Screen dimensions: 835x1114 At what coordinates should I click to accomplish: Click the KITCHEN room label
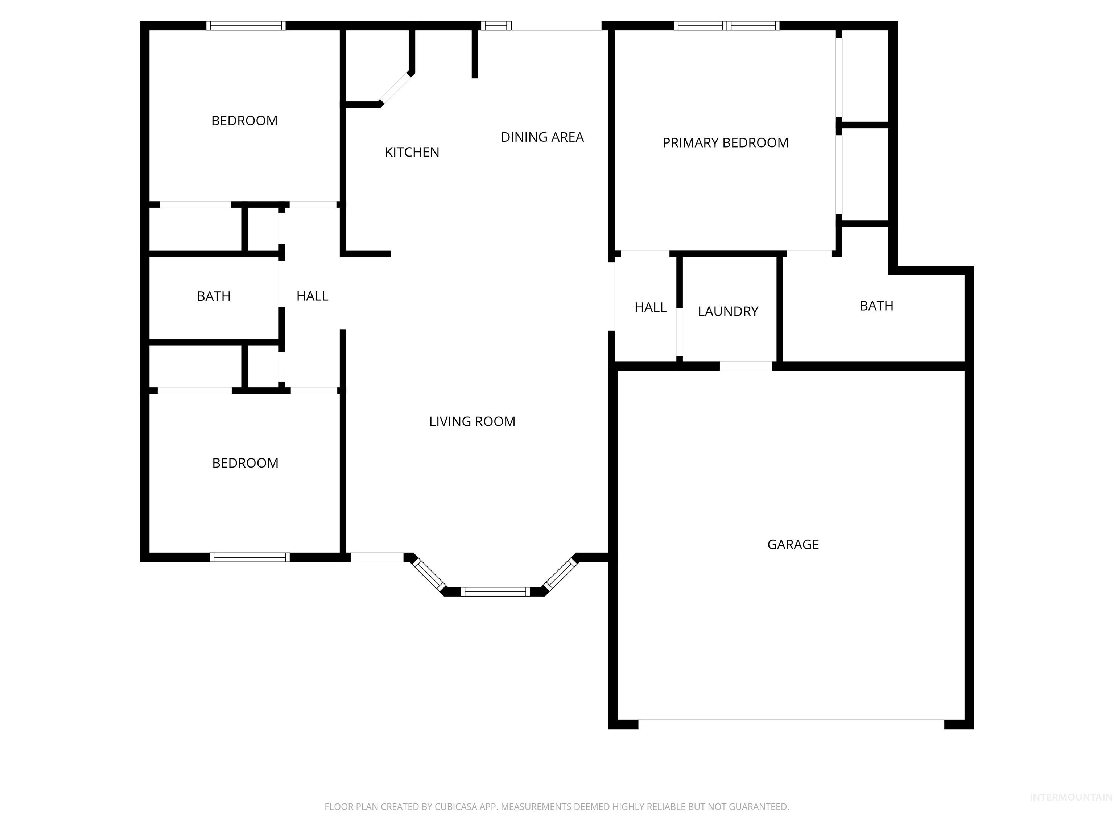(412, 152)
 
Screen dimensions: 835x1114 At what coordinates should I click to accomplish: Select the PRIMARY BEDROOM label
(725, 143)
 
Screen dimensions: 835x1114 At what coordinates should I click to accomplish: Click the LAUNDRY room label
(728, 312)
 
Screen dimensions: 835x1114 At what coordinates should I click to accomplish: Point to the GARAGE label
(793, 545)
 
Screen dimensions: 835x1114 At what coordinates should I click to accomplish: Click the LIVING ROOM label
(472, 422)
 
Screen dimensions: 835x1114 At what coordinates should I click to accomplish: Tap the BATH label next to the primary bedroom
(876, 306)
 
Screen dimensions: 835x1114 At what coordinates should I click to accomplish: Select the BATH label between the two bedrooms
(214, 296)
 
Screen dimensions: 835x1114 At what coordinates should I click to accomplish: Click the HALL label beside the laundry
(650, 308)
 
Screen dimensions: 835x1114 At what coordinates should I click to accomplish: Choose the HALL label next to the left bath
(312, 296)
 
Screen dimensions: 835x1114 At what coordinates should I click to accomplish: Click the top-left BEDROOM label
(244, 121)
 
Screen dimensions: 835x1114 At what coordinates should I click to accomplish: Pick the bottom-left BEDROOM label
(245, 463)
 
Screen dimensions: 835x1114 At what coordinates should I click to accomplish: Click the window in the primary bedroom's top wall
(727, 26)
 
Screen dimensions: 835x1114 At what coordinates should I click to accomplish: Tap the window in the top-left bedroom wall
(246, 26)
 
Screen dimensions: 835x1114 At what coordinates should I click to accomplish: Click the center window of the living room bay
(495, 592)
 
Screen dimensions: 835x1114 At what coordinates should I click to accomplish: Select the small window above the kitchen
(496, 26)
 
